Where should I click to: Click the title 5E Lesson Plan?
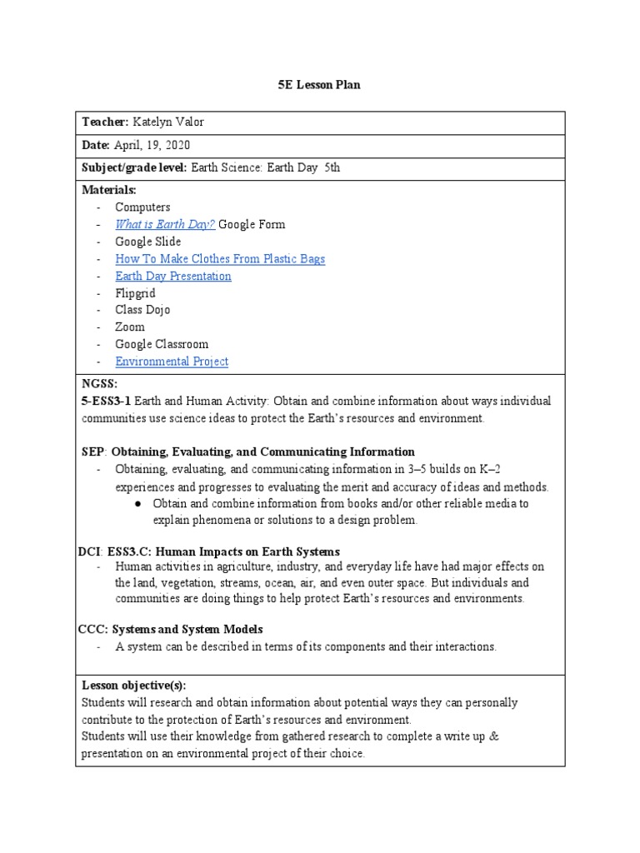319,85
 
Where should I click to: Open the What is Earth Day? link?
165,224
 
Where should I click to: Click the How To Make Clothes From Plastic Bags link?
220,258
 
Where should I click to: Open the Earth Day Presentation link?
172,276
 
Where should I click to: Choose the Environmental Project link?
171,362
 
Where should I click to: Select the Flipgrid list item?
135,293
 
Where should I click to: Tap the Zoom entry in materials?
129,327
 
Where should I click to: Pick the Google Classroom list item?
162,344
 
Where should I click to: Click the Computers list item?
142,207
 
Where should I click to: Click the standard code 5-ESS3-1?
107,402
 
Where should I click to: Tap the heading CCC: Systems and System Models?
175,629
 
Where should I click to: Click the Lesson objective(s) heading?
133,685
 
